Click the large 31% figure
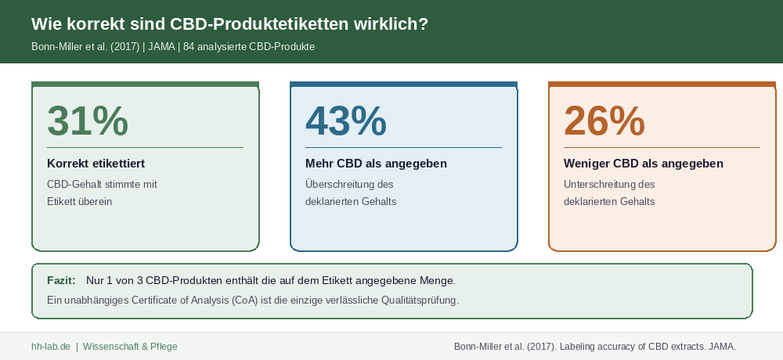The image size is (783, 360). tap(88, 121)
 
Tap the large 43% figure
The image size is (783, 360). tap(345, 121)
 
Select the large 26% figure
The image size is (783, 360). tap(604, 121)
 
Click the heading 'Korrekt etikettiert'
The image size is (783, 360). tap(96, 164)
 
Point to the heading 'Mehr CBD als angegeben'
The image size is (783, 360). tap(376, 164)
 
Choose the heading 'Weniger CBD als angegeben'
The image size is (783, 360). tap(643, 164)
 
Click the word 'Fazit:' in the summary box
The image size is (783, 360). tap(61, 280)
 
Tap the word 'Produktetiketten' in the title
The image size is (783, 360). tap(283, 24)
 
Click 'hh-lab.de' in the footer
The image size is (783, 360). tap(51, 347)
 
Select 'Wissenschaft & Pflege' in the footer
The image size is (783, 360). tap(130, 347)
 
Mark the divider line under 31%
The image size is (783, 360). tap(145, 147)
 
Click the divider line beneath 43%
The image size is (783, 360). tap(403, 147)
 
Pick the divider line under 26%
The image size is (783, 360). tap(662, 147)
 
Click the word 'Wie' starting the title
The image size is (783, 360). tap(45, 24)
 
